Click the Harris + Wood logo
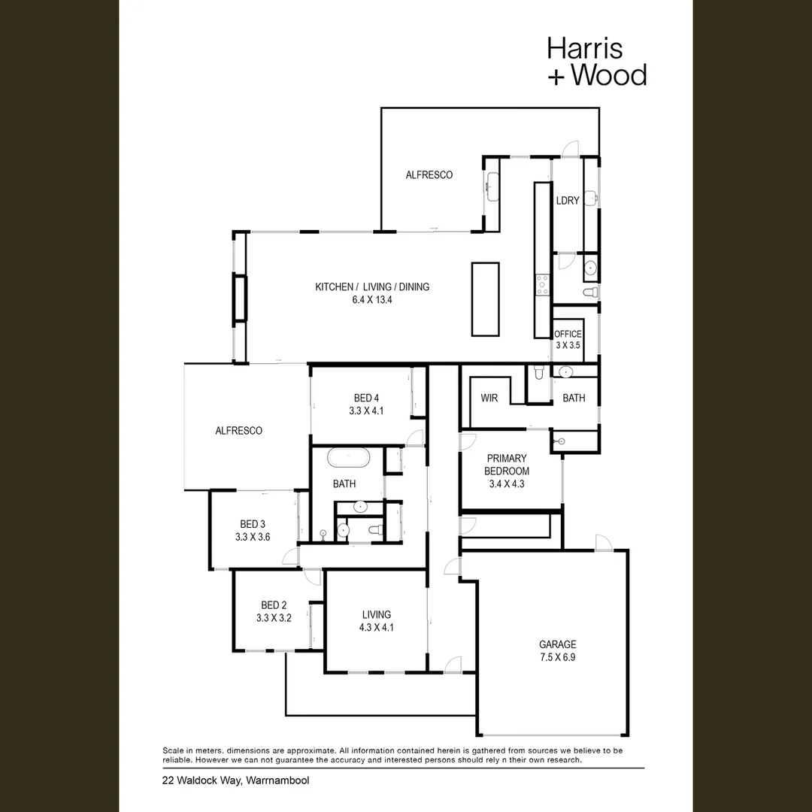click(x=597, y=61)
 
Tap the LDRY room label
click(x=567, y=201)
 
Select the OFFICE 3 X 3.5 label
click(x=568, y=340)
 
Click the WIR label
click(x=489, y=398)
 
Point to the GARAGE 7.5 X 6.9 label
click(x=558, y=651)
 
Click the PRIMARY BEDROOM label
click(x=507, y=465)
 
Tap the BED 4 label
click(x=366, y=398)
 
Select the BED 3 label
click(x=252, y=524)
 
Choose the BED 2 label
click(x=274, y=604)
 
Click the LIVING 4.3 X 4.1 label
click(x=377, y=621)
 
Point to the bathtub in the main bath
click(x=349, y=459)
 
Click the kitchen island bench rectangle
click(x=485, y=299)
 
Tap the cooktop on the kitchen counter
click(x=543, y=286)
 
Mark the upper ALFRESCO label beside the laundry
click(x=429, y=175)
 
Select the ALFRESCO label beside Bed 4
click(x=239, y=430)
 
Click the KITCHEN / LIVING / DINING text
click(x=372, y=287)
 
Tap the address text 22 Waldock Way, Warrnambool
click(x=235, y=780)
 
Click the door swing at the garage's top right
click(x=604, y=542)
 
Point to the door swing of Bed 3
click(x=290, y=556)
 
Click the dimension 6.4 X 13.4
click(x=372, y=300)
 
